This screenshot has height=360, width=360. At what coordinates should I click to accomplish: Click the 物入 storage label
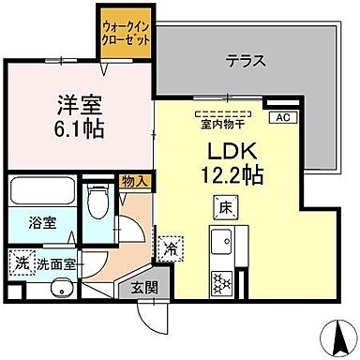[x=133, y=181]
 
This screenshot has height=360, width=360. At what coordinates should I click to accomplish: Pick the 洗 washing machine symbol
[x=20, y=262]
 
